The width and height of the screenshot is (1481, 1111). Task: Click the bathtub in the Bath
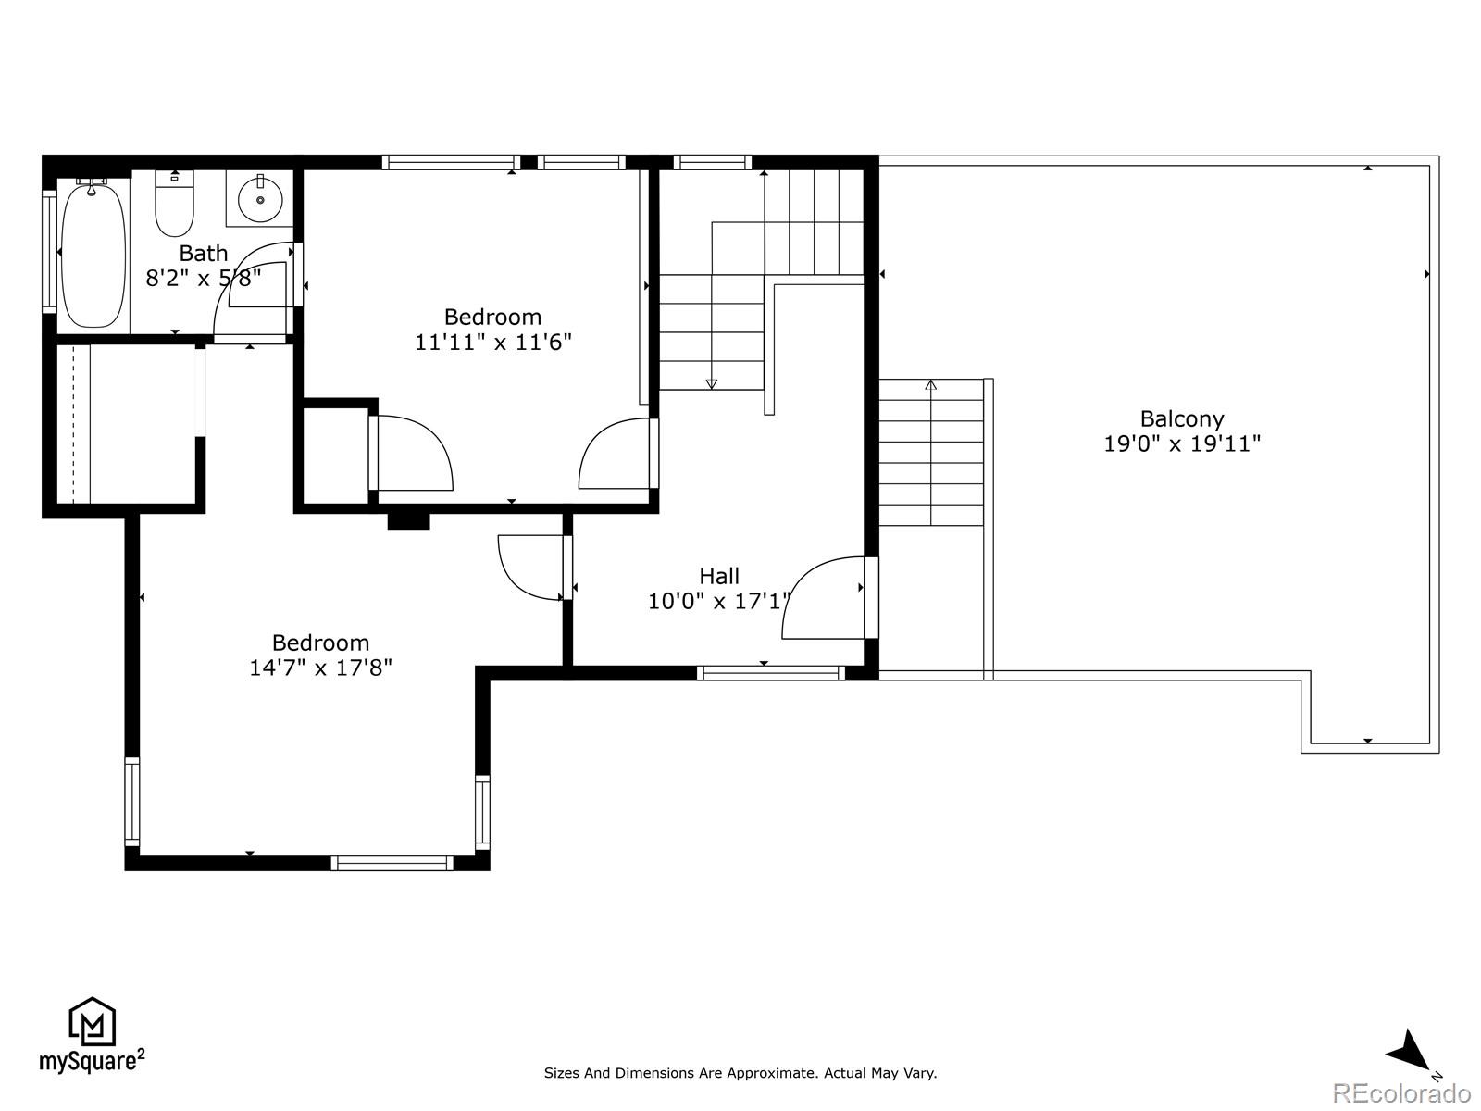93,255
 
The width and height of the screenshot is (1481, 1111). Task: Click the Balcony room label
1182,418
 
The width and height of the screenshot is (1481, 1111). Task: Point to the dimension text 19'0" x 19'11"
1182,443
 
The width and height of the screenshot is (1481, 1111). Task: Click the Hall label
719,576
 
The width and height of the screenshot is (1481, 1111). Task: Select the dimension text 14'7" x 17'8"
320,668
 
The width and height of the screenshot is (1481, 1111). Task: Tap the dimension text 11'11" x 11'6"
492,342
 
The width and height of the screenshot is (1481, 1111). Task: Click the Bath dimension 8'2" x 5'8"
204,277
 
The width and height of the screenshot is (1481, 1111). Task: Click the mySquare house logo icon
92,1022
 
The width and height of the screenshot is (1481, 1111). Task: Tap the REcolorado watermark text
1401,1093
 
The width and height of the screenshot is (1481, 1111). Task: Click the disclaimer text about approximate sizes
740,1073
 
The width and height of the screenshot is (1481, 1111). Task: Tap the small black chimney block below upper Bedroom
408,520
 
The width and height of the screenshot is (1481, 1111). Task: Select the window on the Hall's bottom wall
770,673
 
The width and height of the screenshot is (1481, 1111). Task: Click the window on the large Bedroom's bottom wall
392,863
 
